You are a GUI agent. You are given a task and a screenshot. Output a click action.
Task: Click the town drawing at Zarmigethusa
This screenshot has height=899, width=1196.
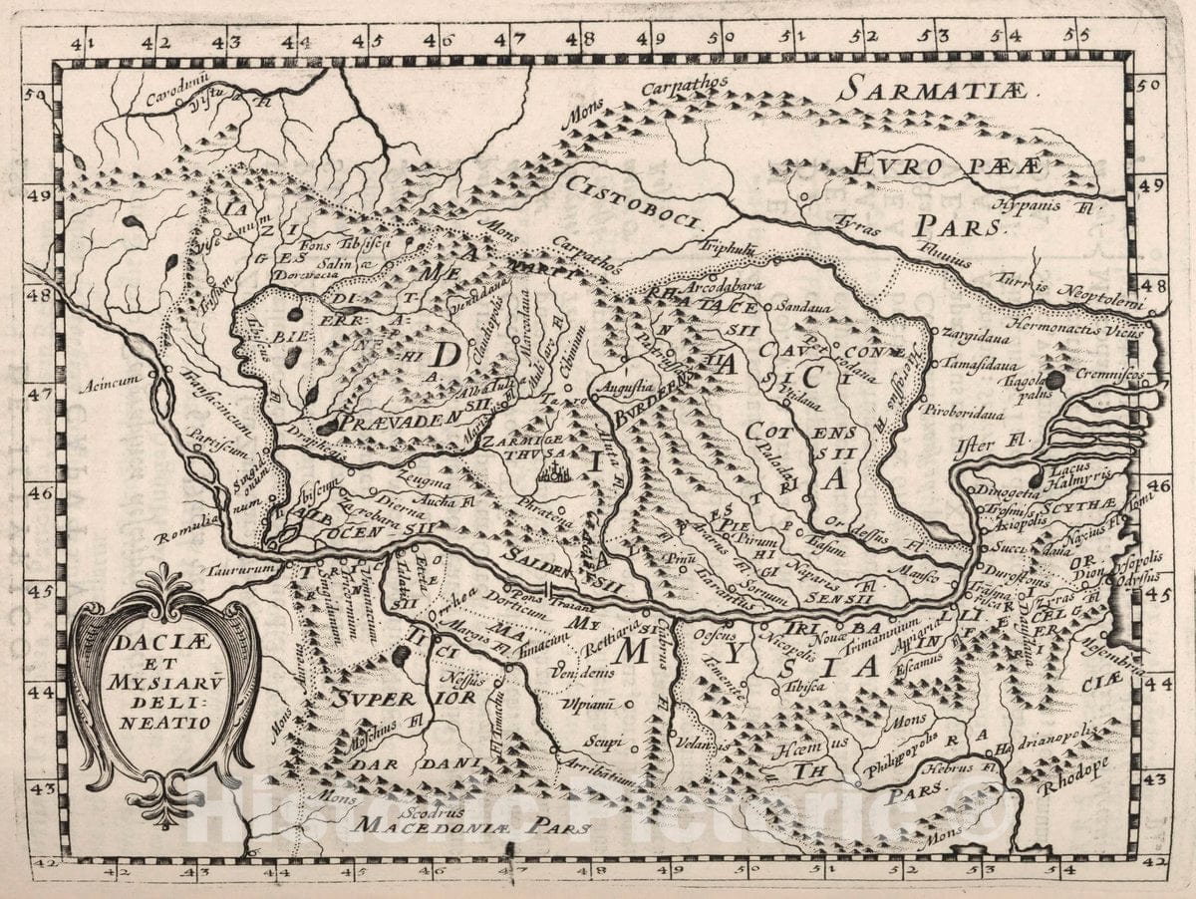click(x=551, y=472)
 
